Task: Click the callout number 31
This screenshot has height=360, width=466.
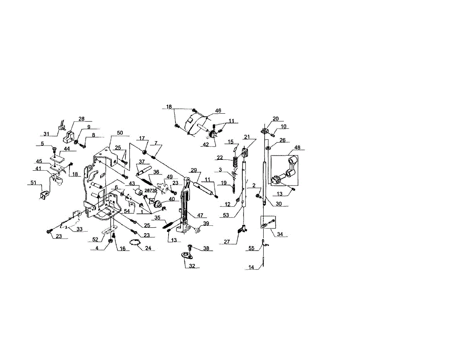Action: (x=46, y=134)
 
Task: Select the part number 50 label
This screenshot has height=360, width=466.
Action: (x=120, y=133)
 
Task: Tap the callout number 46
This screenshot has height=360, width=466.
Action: (x=218, y=111)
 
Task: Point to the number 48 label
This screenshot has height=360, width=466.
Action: (x=297, y=147)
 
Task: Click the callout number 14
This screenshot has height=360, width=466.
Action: (x=252, y=267)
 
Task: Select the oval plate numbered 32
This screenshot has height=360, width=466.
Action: (x=187, y=255)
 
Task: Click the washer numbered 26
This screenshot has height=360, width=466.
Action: (x=268, y=148)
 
